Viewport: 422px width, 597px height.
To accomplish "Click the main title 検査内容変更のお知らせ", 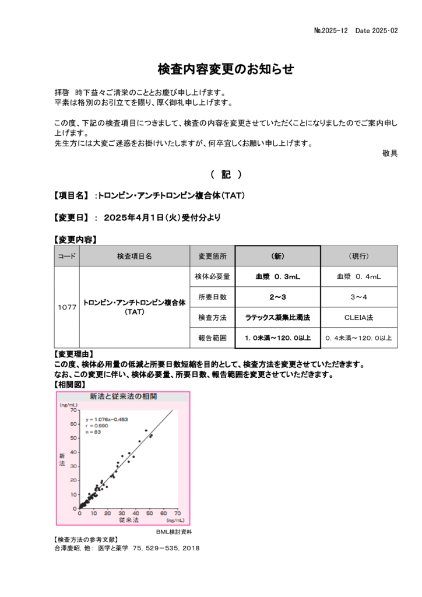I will coord(226,69).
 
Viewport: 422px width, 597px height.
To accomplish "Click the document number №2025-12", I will coord(330,30).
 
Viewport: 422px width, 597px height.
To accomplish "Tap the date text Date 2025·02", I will coord(377,30).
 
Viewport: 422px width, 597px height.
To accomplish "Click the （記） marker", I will coord(226,175).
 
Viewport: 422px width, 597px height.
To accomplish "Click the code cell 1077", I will coord(67,307).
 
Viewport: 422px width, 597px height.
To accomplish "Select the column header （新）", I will coord(278,256).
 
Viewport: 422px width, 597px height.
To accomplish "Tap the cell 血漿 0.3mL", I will coord(278,277).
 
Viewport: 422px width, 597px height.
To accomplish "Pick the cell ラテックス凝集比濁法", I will coord(278,318).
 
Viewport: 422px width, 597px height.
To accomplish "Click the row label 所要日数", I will coord(213,297).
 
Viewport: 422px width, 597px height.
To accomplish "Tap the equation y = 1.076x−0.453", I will coord(107,419).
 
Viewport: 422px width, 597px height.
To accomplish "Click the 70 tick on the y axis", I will coord(73,410).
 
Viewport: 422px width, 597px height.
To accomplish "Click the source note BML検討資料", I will coord(174,532).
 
